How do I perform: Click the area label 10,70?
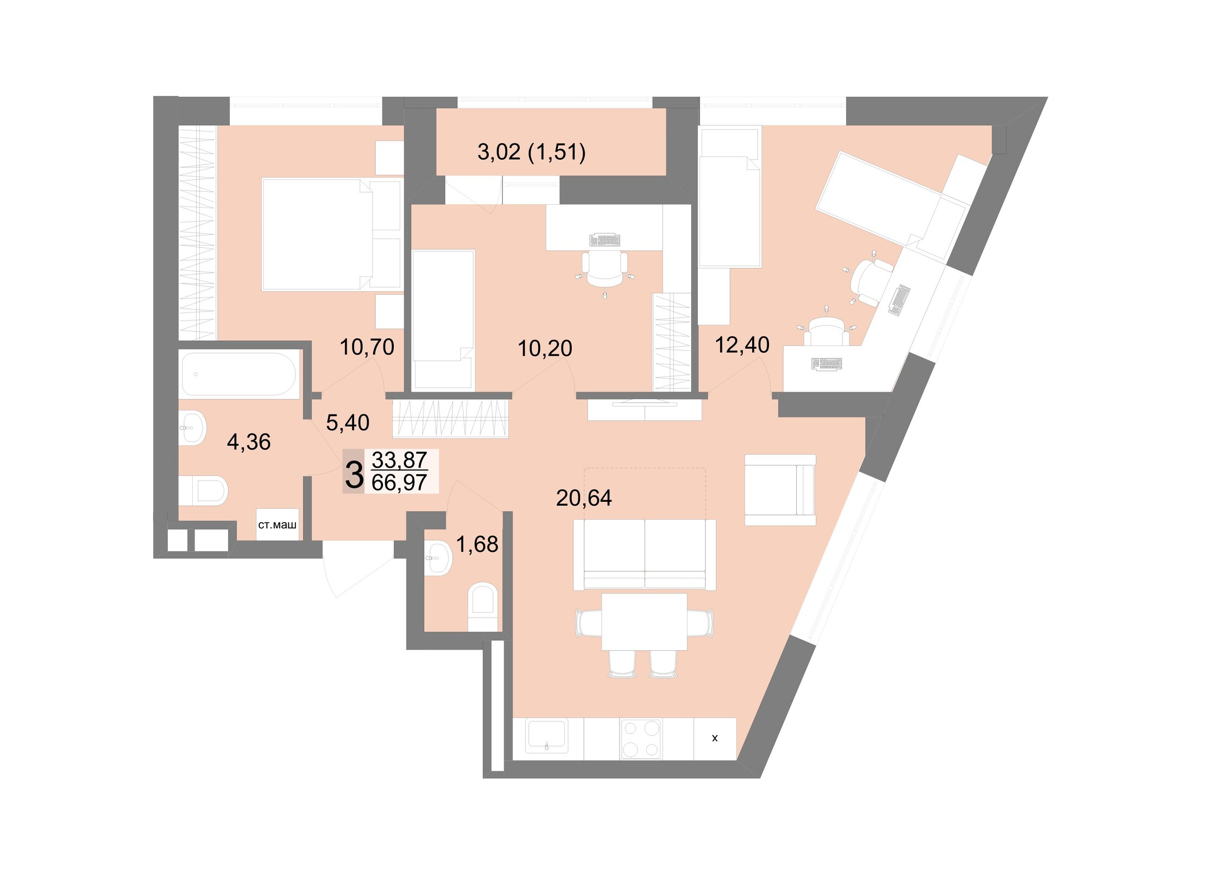367,347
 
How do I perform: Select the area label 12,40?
742,345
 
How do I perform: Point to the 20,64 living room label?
584,498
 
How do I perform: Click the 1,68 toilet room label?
477,544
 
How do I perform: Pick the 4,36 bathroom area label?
249,442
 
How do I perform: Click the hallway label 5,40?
348,423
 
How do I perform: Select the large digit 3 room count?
354,475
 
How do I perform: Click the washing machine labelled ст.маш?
278,525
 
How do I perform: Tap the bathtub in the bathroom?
239,374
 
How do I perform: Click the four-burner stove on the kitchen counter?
641,739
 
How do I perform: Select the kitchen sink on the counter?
547,736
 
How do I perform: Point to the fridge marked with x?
715,739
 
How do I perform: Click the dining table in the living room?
644,622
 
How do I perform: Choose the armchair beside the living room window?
780,490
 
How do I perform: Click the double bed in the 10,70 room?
331,235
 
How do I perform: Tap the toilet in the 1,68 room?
482,607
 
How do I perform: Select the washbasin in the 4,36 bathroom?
192,428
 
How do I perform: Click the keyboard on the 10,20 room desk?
604,240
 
